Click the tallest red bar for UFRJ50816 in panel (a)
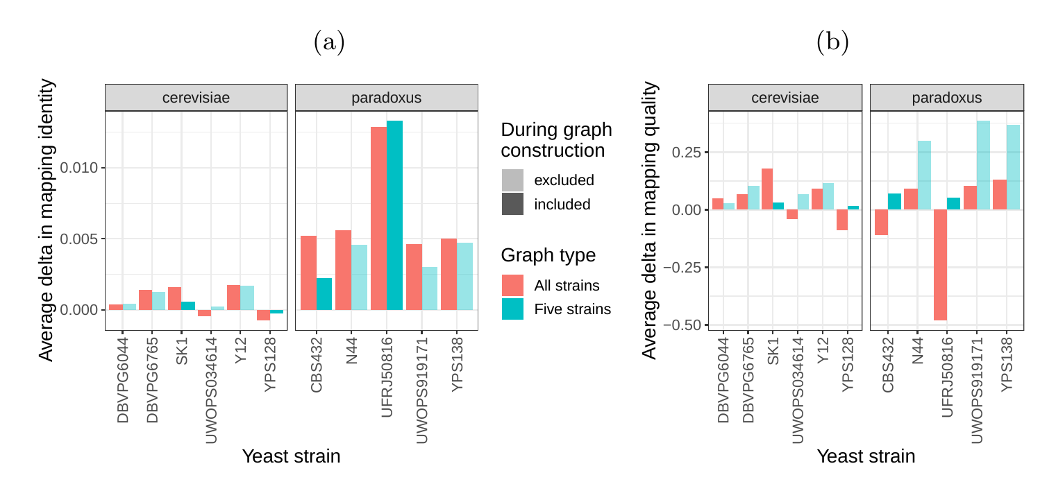378,218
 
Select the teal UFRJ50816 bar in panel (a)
394,215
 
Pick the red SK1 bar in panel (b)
767,189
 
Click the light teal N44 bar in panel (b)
924,175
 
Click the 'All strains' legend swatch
512,285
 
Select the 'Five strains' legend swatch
512,309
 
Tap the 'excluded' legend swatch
512,180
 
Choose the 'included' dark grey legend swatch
512,205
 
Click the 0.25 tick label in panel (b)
688,153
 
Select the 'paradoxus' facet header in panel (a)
386,98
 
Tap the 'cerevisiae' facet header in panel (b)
785,98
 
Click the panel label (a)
329,43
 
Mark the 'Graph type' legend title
548,255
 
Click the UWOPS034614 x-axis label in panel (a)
212,391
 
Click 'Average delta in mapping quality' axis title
649,221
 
